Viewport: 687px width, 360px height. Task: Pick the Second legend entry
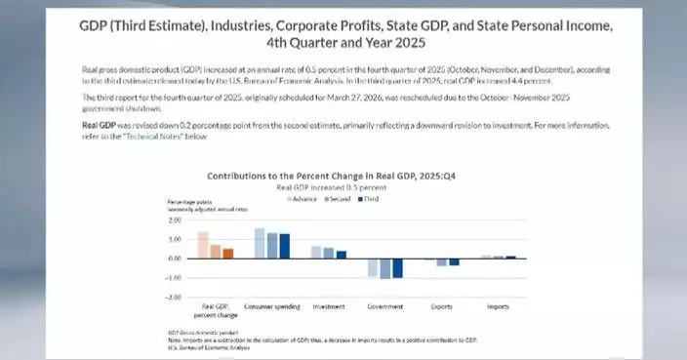point(338,198)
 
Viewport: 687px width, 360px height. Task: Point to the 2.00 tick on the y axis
point(175,220)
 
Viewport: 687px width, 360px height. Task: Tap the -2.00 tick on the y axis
point(174,297)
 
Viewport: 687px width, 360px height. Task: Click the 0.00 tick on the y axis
point(175,259)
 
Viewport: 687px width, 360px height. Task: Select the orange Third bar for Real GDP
point(227,253)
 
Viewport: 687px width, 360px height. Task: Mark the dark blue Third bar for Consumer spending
point(284,246)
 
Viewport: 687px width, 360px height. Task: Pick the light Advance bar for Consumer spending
point(260,243)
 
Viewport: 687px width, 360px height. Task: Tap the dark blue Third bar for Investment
point(341,255)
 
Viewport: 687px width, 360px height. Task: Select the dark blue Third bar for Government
point(397,268)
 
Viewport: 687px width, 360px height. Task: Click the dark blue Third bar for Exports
point(454,262)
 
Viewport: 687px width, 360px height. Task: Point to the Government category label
point(385,306)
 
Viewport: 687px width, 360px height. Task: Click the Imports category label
point(498,306)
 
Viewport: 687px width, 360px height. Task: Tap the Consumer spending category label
point(271,306)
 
